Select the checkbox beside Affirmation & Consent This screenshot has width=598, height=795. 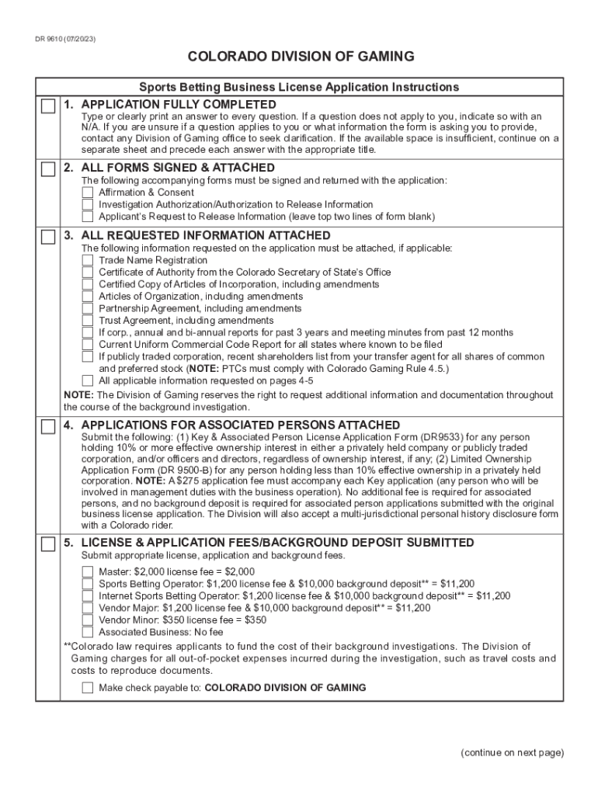click(88, 193)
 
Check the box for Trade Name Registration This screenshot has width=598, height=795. click(88, 260)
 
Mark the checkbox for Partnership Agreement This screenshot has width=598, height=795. click(88, 308)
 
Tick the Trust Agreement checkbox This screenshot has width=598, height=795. click(88, 321)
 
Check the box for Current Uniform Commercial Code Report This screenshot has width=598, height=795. click(88, 345)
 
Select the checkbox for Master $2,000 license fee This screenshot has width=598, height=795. click(88, 572)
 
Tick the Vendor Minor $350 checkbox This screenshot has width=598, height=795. click(88, 620)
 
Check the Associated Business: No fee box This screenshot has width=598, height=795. click(88, 632)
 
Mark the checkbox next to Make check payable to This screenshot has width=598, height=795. click(88, 688)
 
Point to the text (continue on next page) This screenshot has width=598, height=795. click(512, 752)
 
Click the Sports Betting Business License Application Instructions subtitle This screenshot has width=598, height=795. click(299, 87)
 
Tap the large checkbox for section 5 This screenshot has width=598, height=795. click(48, 543)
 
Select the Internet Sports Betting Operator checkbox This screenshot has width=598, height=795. click(88, 596)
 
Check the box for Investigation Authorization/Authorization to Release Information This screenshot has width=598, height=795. click(88, 205)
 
